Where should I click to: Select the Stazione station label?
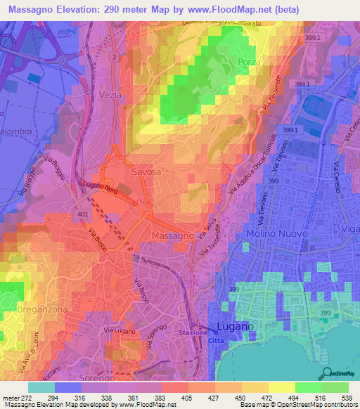click(x=193, y=332)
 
